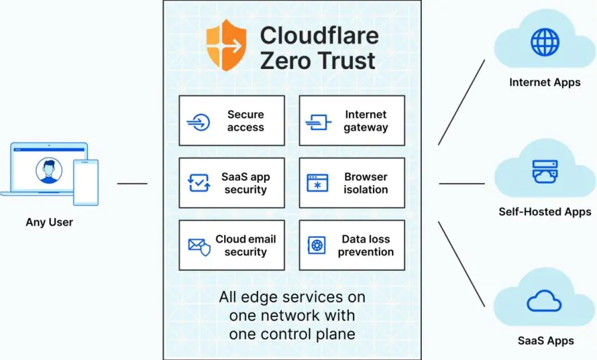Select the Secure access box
(x=232, y=121)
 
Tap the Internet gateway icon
(x=318, y=122)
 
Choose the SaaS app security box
(x=232, y=183)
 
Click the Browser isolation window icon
(x=317, y=184)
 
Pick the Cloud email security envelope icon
(x=199, y=246)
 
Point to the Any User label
(x=49, y=222)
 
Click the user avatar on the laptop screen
(x=46, y=170)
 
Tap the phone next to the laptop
(x=86, y=182)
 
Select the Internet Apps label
(x=545, y=83)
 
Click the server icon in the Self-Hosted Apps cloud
(x=545, y=171)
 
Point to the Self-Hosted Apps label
(x=545, y=212)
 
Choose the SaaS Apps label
(x=545, y=341)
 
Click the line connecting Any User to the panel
(x=133, y=183)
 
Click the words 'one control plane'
(x=292, y=334)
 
